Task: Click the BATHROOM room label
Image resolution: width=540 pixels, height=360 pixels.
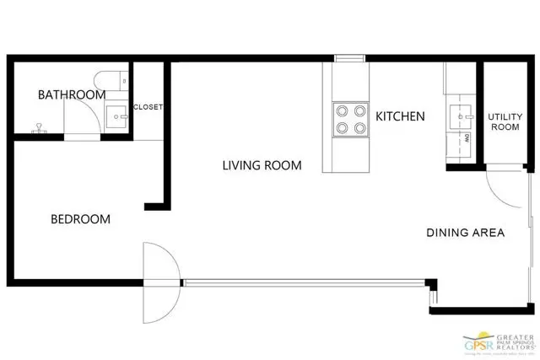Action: [71, 94]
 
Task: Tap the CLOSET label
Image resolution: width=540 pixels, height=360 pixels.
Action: [148, 107]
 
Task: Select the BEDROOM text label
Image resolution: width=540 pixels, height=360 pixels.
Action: [81, 219]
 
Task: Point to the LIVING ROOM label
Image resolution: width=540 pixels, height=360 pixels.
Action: [262, 165]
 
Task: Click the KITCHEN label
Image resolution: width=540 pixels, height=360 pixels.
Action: [400, 116]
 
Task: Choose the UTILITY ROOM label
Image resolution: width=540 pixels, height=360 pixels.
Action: [504, 121]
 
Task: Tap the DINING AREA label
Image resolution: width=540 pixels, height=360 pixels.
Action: [465, 233]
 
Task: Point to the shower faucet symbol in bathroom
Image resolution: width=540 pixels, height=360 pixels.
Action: [38, 130]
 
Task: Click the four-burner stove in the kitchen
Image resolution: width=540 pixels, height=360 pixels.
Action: [350, 119]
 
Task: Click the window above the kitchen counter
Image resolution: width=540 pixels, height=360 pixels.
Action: [346, 58]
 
